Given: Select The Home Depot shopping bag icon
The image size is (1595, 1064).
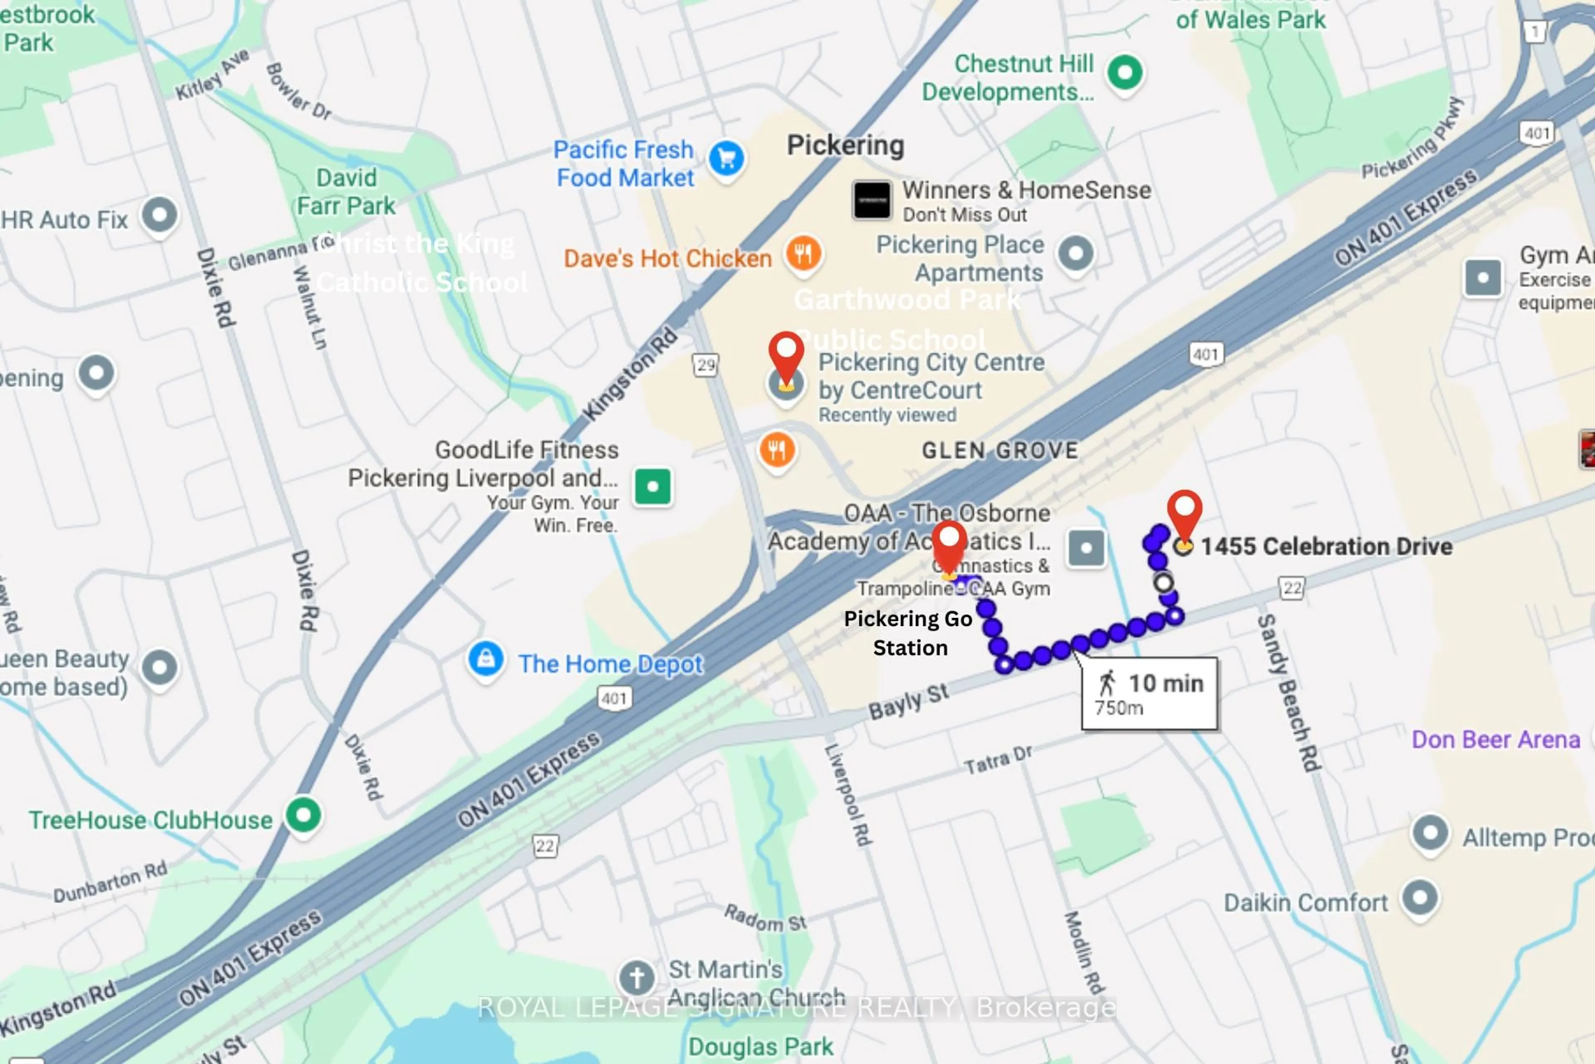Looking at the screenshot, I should click(486, 658).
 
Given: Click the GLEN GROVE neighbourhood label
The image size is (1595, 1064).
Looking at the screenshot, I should click(1000, 450).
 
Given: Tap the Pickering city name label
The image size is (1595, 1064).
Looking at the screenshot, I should click(845, 145).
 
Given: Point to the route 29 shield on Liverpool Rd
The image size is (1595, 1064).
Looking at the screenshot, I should click(705, 365).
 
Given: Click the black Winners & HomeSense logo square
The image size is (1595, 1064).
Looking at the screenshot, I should click(871, 200).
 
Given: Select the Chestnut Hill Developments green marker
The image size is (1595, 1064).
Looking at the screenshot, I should click(1125, 72).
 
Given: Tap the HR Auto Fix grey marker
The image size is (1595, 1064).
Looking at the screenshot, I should click(159, 215).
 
